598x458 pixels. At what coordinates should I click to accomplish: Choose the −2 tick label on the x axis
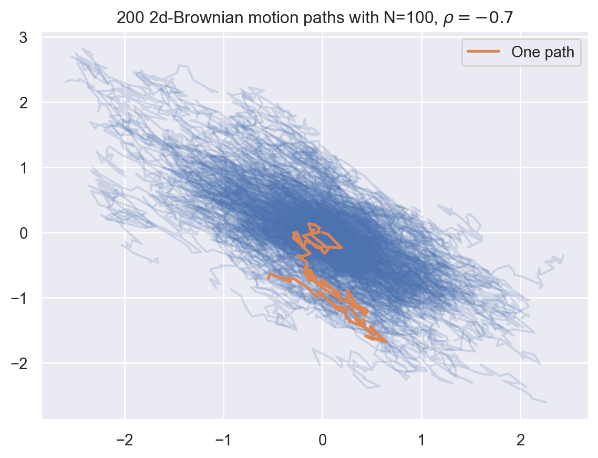pyautogui.click(x=124, y=440)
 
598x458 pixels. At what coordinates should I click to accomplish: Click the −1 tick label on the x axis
pyautogui.click(x=223, y=440)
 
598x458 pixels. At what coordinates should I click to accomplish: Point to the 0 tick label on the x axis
pyautogui.click(x=322, y=440)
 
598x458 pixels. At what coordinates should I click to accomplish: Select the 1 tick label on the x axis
pyautogui.click(x=421, y=440)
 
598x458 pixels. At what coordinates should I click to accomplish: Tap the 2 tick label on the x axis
pyautogui.click(x=520, y=440)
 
